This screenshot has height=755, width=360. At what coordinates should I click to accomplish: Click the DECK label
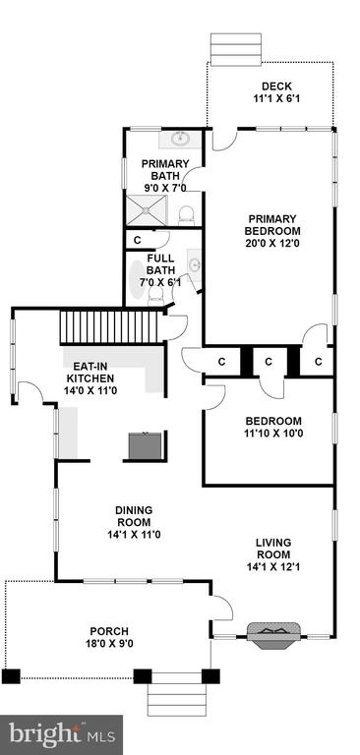point(276,87)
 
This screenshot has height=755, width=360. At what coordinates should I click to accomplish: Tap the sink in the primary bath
point(181,140)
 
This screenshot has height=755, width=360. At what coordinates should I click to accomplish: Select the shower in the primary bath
point(146,210)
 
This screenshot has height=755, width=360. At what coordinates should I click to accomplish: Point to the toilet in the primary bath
point(186,216)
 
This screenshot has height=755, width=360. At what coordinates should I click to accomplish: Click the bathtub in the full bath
point(138,279)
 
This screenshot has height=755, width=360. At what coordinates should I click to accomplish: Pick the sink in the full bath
point(194,264)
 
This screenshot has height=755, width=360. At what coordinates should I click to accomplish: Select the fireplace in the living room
point(273,635)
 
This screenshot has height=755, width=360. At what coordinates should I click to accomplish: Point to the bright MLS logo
point(62,734)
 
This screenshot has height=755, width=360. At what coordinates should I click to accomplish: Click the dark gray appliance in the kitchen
point(145,446)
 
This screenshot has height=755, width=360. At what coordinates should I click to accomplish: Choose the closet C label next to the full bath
point(137,239)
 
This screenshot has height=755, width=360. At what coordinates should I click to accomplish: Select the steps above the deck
point(236,49)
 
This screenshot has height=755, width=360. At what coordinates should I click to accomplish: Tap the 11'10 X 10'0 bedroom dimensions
point(272,433)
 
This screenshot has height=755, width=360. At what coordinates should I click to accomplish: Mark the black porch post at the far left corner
point(11,676)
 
